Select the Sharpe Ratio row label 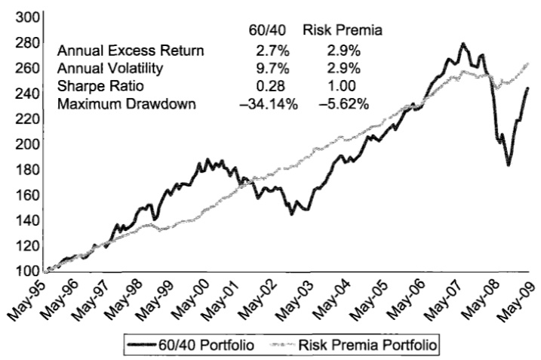click(x=97, y=86)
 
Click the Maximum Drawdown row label click(x=126, y=103)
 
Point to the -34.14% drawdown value click(x=268, y=103)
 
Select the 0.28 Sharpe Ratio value click(x=268, y=86)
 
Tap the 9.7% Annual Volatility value click(x=269, y=69)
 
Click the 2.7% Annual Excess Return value click(x=269, y=51)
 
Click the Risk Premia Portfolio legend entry click(x=355, y=344)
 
